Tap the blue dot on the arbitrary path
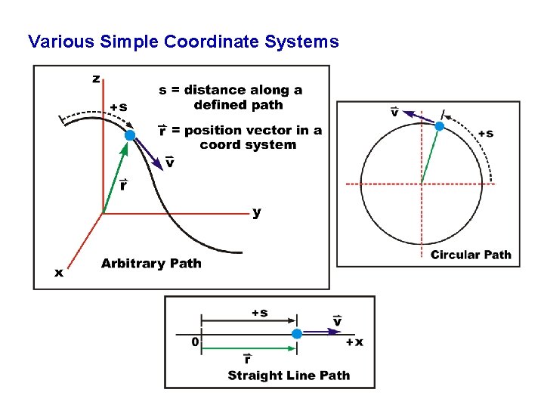pos(130,135)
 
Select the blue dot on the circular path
pos(438,126)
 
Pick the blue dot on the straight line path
pos(297,334)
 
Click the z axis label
pos(96,79)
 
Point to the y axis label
pos(257,213)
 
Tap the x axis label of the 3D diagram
pos(59,273)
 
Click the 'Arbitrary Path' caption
pos(151,264)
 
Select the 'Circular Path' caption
pos(471,255)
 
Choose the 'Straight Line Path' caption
pos(289,376)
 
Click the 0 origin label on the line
pos(195,342)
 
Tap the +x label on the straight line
pos(354,342)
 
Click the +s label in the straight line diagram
pos(259,313)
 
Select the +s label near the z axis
pos(118,107)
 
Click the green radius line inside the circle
pos(430,155)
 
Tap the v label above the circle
pos(394,113)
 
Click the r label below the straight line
pos(247,359)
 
